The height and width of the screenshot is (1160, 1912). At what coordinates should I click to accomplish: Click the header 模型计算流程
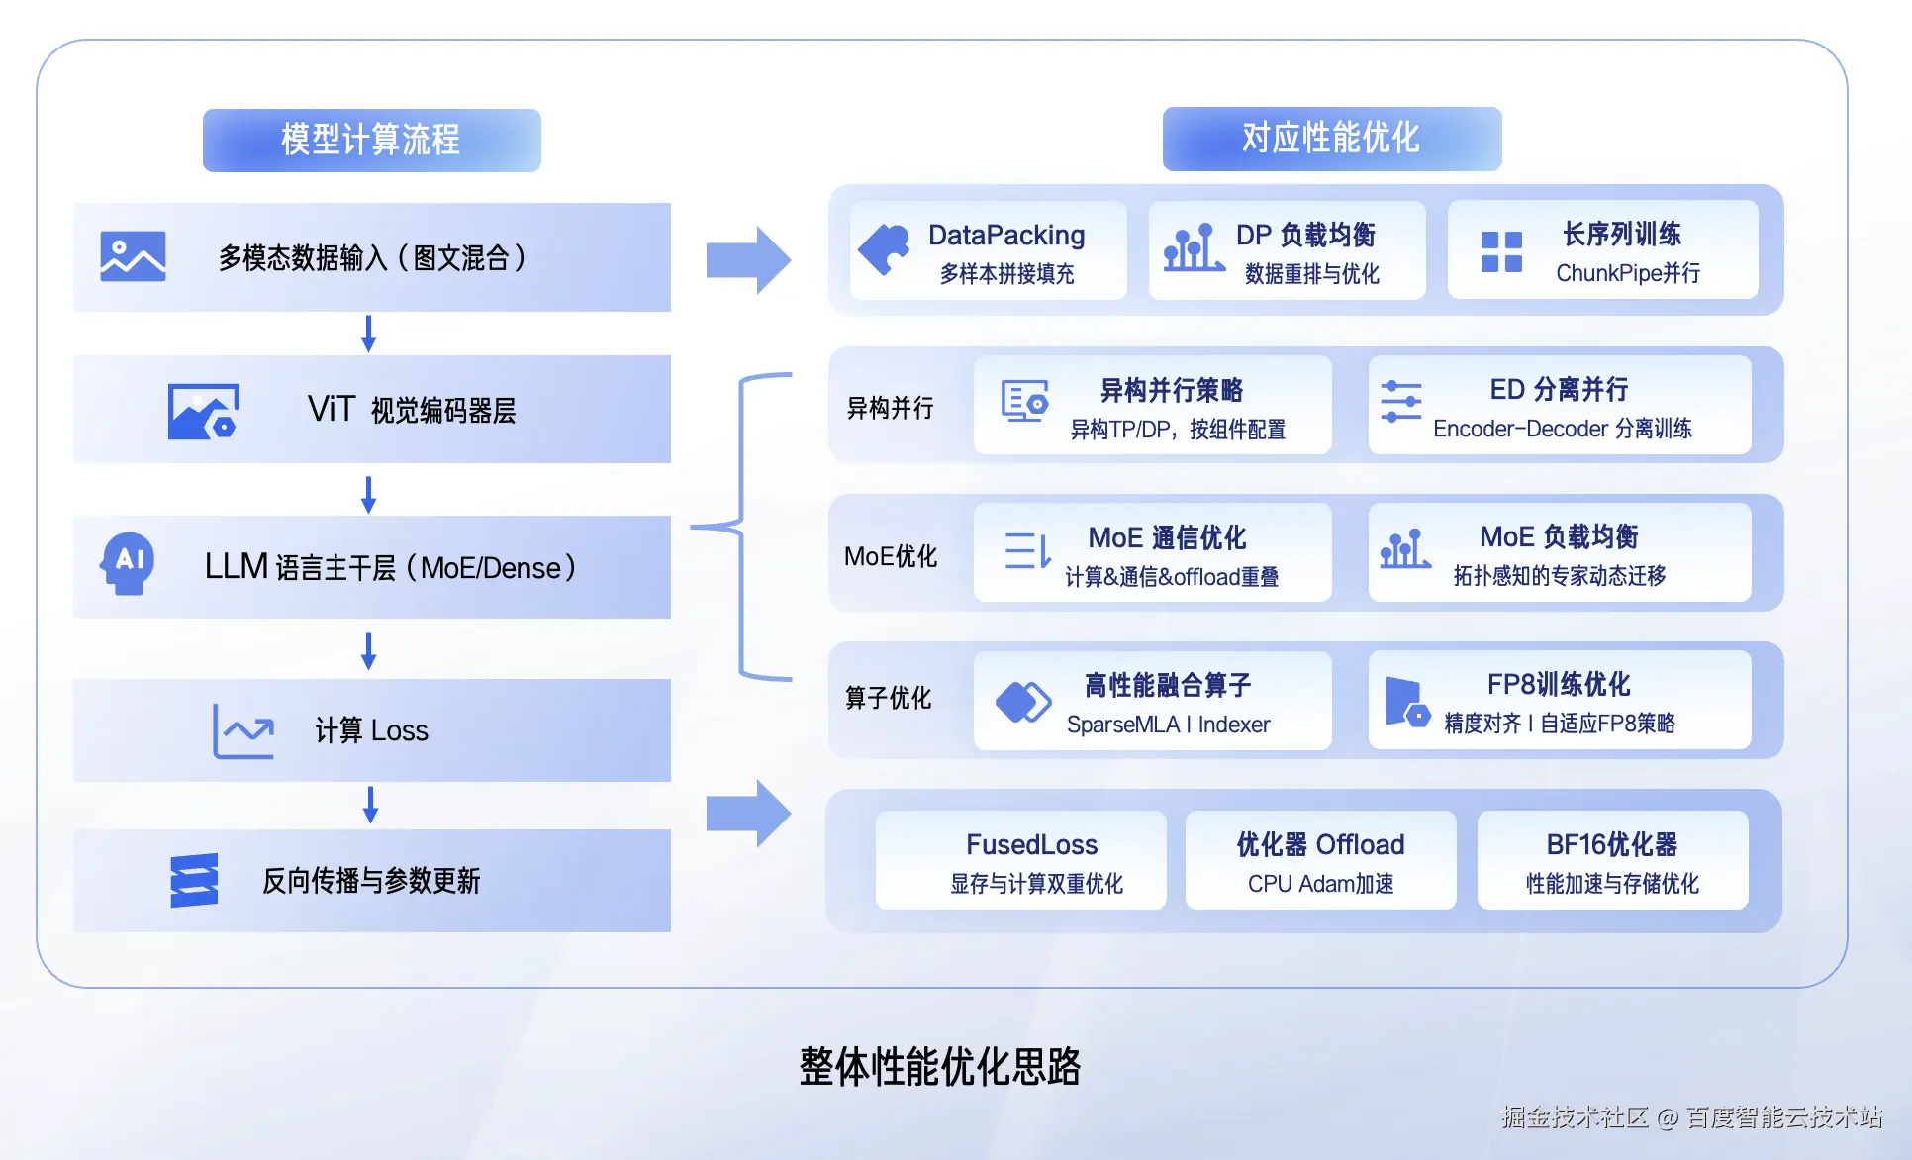point(371,140)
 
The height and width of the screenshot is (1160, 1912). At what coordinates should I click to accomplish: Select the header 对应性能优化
point(1331,138)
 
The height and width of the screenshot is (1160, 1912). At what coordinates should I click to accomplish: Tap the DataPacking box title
point(1006,235)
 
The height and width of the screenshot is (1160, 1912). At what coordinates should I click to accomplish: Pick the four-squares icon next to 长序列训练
point(1501,251)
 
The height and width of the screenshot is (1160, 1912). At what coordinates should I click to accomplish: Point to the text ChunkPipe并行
point(1628,273)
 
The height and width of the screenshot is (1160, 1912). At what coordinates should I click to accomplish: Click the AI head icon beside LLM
point(128,563)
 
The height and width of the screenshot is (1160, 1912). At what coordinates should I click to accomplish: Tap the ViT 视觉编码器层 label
point(412,409)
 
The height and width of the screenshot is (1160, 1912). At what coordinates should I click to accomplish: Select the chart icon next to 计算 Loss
point(243,730)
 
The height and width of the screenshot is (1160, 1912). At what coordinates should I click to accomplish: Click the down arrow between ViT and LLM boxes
point(368,495)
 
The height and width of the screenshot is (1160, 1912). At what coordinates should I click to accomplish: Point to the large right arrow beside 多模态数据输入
point(748,259)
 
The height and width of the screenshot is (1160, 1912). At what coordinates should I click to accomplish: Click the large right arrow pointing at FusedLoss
point(748,814)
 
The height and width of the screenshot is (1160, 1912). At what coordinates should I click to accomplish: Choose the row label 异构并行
point(890,408)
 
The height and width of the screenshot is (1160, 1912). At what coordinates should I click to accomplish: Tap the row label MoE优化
point(890,556)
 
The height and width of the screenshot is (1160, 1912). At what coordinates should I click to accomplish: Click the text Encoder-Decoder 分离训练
point(1562,429)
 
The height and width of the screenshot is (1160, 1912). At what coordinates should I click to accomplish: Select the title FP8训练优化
point(1559,684)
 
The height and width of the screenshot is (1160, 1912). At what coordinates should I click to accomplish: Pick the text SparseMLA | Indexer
point(1168,725)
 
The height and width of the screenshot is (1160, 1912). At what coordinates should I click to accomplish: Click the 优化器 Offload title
point(1320,844)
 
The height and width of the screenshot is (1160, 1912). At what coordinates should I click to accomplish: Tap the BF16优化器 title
point(1611,844)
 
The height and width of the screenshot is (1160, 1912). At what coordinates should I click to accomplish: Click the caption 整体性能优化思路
point(939,1067)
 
